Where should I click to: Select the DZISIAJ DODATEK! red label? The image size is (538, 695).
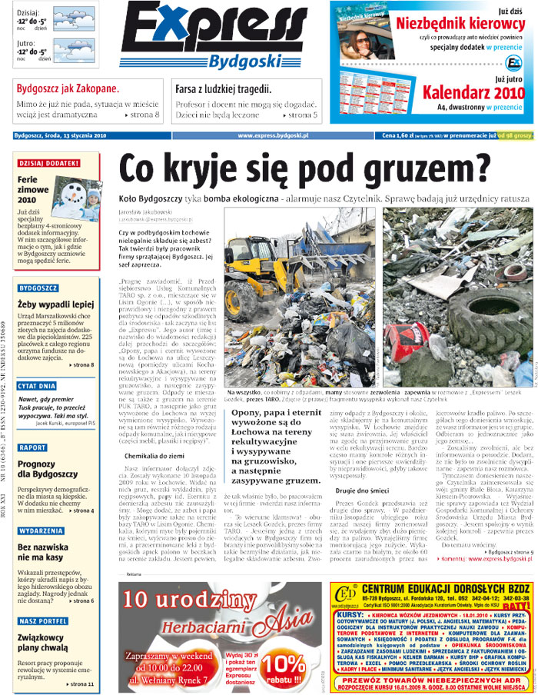tap(48, 163)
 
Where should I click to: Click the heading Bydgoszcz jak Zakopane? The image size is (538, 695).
tap(68, 88)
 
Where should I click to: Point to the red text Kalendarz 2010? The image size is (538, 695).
tap(473, 94)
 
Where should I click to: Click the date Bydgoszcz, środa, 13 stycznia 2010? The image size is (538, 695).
tap(60, 135)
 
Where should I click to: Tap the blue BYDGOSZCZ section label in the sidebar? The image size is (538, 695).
tap(38, 288)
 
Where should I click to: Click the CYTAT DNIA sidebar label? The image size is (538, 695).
tap(39, 385)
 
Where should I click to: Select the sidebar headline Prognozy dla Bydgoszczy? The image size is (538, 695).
tap(46, 469)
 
